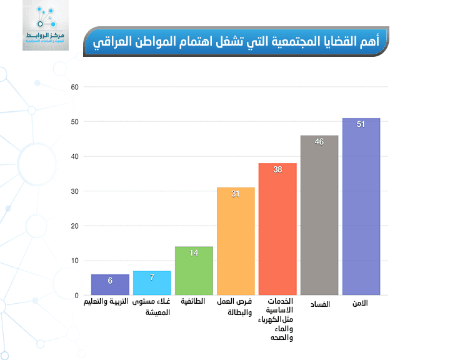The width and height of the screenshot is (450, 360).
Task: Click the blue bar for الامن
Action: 361,206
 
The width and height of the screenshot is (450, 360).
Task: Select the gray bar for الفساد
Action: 319,215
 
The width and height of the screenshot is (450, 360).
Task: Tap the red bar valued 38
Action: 277,229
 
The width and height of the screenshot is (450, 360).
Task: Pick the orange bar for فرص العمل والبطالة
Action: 236,241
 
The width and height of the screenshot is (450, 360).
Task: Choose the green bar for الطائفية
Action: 194,271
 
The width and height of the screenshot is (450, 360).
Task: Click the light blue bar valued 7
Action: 152,283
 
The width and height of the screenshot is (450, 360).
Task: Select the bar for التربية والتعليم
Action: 110,285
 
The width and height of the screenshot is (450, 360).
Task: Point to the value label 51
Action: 361,124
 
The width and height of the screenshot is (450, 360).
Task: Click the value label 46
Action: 319,142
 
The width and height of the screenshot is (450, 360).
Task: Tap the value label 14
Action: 194,253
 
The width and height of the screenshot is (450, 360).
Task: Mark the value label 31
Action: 236,194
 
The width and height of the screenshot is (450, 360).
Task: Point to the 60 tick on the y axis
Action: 74,87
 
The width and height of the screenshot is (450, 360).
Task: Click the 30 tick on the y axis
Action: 74,191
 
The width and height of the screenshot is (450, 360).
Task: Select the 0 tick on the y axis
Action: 76,296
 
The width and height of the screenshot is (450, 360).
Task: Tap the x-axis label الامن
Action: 360,303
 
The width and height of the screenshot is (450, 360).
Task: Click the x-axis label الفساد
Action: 320,304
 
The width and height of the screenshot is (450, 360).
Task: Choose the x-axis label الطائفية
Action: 194,301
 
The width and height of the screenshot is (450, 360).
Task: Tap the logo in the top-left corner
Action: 46,26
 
